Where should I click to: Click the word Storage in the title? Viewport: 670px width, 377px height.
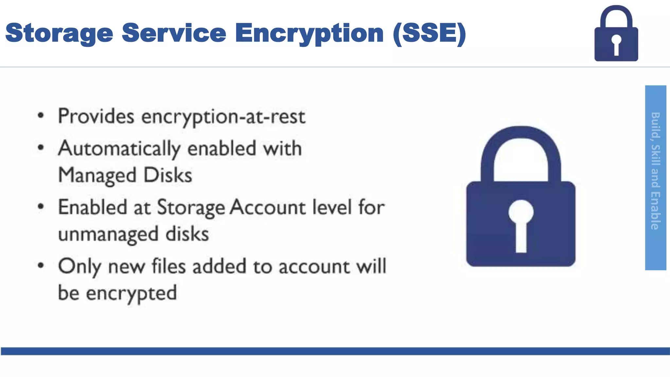[59, 34]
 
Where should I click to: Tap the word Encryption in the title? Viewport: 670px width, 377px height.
[309, 34]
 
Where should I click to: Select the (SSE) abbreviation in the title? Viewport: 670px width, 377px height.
[429, 33]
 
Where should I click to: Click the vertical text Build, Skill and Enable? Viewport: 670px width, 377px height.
[655, 171]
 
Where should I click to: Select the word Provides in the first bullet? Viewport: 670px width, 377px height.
[96, 116]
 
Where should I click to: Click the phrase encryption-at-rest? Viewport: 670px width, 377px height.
[223, 117]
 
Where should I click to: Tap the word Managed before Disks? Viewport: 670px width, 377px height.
[97, 176]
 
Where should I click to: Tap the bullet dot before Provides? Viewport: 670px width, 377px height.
[41, 116]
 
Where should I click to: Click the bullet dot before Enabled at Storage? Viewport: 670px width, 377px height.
[41, 207]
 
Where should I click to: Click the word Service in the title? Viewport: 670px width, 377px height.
[174, 33]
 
